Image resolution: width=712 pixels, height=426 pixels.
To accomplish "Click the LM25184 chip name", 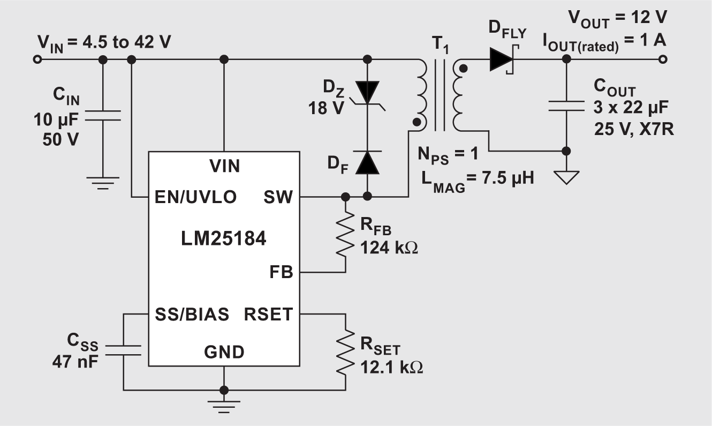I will coord(224,238).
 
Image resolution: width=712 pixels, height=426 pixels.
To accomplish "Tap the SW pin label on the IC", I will coord(278,197).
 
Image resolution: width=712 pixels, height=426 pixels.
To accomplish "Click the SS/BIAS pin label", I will coord(192,314).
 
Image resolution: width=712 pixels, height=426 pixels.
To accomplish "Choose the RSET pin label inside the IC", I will coord(268,314).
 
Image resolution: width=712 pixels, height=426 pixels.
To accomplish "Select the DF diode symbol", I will coord(368,162).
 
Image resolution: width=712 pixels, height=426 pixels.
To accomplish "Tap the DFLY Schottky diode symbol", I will coord(502,60).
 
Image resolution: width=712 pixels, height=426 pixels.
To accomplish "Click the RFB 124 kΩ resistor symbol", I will coord(346,235).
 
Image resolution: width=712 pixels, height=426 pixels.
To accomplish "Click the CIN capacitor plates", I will coord(103,116).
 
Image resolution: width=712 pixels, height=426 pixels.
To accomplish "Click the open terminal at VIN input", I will coord(37,60).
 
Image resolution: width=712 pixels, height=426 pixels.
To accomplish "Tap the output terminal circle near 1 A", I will coord(663,60).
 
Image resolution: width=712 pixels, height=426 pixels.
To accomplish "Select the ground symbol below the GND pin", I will coord(224,405).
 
